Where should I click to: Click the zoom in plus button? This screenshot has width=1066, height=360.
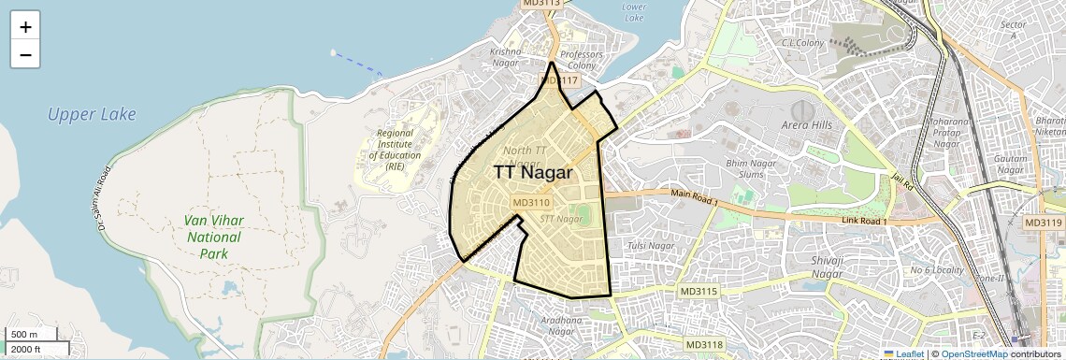[25, 26]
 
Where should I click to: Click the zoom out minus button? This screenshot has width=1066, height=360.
[25, 54]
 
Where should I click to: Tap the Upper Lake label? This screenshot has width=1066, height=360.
[93, 115]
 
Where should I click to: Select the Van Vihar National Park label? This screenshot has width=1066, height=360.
[214, 237]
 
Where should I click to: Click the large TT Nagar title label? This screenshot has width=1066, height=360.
[534, 172]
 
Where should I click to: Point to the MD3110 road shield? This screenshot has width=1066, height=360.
[532, 202]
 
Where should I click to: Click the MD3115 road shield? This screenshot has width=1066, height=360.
[699, 292]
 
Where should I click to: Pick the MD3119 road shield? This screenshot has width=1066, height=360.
[1044, 223]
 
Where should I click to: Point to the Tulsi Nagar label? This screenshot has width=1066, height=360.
[651, 246]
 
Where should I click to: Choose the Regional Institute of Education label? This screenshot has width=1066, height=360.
[395, 150]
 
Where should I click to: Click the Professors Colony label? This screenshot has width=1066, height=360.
[582, 60]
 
